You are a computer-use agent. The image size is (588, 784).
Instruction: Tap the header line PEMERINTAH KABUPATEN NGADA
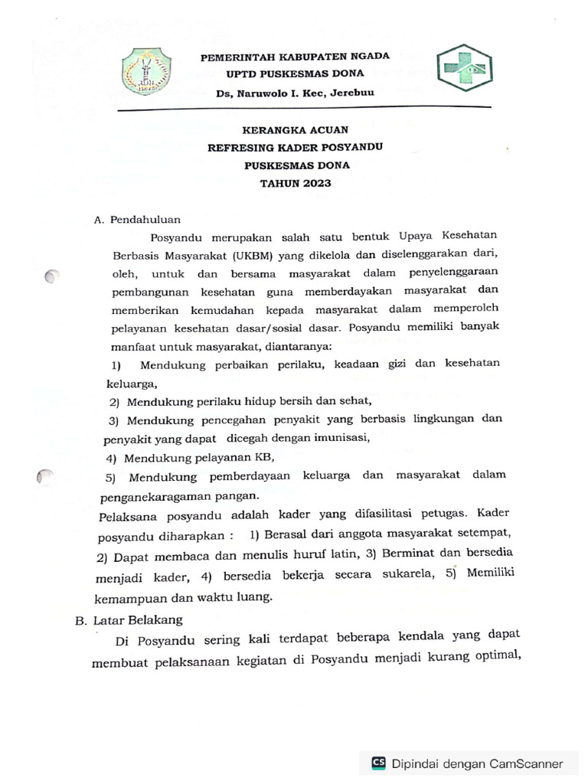295,56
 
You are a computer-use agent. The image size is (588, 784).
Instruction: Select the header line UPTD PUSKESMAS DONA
295,73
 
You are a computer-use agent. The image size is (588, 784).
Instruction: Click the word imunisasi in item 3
342,438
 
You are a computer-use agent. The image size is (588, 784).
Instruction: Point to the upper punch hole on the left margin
52,276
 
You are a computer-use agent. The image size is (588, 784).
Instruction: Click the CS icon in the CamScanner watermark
378,763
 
